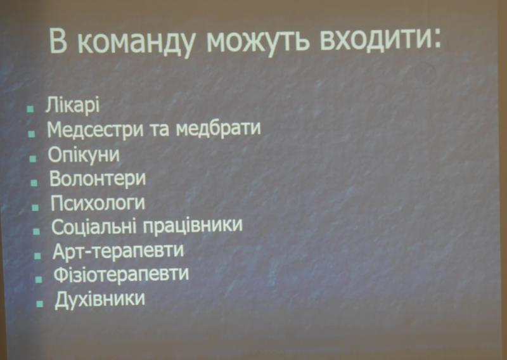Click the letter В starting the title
click(58, 41)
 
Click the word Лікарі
click(72, 105)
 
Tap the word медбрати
click(218, 129)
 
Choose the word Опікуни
click(84, 155)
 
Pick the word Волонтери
click(98, 179)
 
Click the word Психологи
click(98, 203)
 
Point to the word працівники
click(193, 226)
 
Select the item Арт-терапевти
click(118, 251)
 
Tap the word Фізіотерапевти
click(121, 274)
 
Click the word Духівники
click(99, 299)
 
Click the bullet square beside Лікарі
click(30, 108)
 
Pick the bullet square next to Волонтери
click(34, 183)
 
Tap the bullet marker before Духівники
click(40, 304)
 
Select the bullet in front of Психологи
click(35, 207)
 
